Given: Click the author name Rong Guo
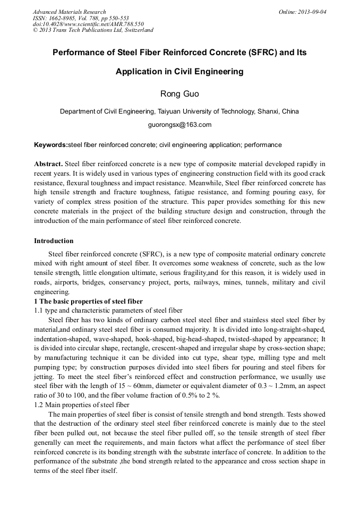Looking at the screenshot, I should pyautogui.click(x=179, y=94).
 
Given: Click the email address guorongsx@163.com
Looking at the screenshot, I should pyautogui.click(x=179, y=125).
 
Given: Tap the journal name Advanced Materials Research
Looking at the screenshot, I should pyautogui.click(x=70, y=12).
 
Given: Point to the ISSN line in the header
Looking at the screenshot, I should pyautogui.click(x=81, y=18).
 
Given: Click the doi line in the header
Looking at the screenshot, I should pyautogui.click(x=88, y=24).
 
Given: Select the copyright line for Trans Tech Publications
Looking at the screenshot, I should pyautogui.click(x=93, y=30).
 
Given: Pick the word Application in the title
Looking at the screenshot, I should pyautogui.click(x=141, y=72).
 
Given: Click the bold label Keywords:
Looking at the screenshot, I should pyautogui.click(x=51, y=145).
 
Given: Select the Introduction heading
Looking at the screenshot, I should pyautogui.click(x=54, y=241).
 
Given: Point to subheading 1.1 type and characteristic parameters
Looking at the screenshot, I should pyautogui.click(x=108, y=310).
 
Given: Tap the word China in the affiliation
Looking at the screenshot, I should pyautogui.click(x=290, y=111).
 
